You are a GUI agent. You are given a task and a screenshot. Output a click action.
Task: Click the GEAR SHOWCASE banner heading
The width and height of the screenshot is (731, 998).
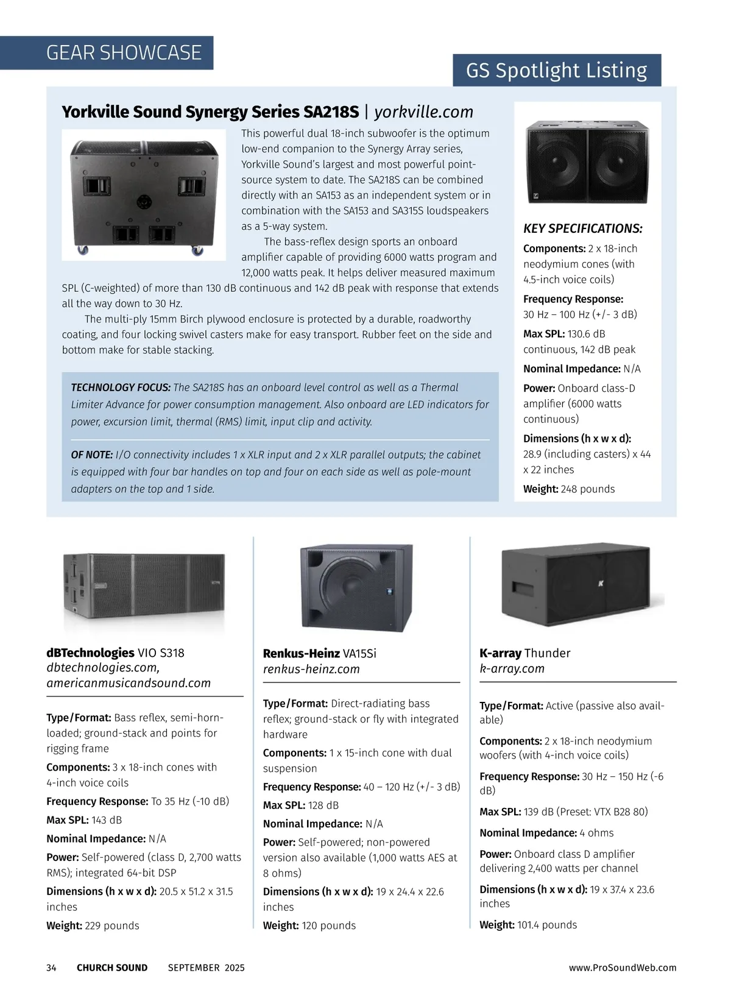point(124,53)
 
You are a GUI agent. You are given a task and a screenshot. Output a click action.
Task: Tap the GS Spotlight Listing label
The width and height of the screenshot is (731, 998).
point(556,71)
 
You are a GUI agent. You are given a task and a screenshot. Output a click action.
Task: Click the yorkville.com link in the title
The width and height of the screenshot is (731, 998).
point(423,112)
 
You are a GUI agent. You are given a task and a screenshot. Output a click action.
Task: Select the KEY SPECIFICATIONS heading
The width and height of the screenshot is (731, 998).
point(582,228)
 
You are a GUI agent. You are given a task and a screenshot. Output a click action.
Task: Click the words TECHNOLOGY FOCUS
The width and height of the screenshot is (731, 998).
point(121,388)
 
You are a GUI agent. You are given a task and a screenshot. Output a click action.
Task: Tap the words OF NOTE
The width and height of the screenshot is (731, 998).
point(92,455)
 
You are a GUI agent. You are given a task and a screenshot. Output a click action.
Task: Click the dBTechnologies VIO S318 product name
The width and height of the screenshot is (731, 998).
point(115,653)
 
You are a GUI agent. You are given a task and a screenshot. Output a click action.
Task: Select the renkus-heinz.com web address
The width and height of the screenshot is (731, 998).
point(311,669)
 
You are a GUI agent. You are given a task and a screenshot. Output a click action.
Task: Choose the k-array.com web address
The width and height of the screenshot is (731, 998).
point(512,668)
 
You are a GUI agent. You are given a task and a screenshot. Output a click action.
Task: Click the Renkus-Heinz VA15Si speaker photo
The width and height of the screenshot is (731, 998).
point(356,588)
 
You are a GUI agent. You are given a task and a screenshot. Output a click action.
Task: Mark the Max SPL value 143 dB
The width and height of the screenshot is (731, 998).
point(107,820)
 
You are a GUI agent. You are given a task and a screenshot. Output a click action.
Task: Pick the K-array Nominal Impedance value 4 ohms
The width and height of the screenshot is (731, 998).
point(596,833)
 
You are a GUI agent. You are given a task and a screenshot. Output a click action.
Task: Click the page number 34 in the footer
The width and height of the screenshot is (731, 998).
point(51,968)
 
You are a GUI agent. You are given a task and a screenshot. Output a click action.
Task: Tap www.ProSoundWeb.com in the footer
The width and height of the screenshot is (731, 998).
point(623,968)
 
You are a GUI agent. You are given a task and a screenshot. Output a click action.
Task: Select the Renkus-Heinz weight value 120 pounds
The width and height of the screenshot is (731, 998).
point(328,925)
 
